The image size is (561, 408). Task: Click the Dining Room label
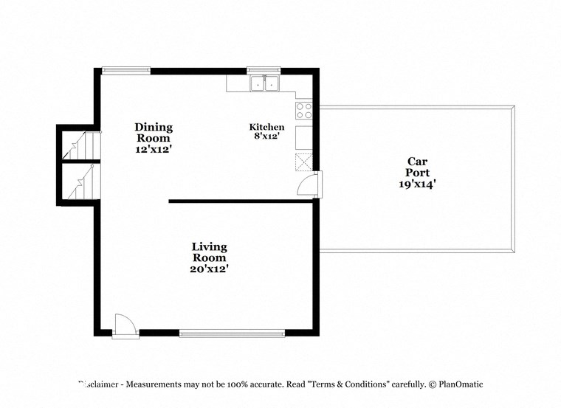pos(154,132)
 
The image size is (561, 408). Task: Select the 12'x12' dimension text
pos(154,148)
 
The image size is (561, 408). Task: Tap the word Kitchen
pos(266,127)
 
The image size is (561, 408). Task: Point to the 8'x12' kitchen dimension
pos(266,136)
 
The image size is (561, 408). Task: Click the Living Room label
pos(210,252)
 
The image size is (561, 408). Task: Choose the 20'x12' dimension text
pos(210,269)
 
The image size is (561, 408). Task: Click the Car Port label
pos(417,167)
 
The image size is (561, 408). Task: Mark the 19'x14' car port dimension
pos(417,184)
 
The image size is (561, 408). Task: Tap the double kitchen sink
pos(264,84)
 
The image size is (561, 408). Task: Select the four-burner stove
pos(303,111)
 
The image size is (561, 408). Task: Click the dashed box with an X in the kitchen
pos(303,162)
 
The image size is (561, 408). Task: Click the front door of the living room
pos(125,325)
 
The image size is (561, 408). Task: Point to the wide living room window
pos(232,333)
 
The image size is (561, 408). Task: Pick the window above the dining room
pos(125,71)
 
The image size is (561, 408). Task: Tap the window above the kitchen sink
pos(264,71)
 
